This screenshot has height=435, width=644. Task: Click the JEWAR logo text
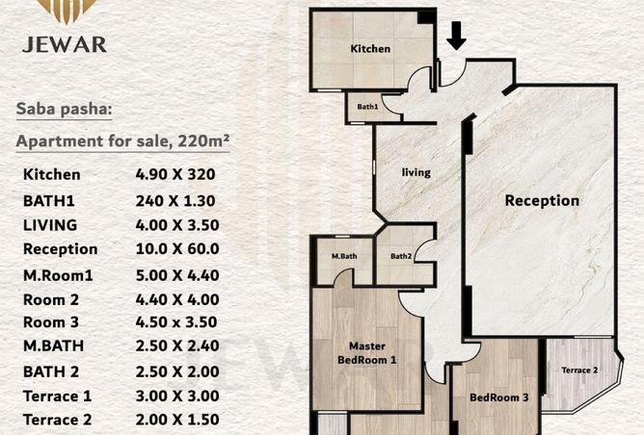click(65, 44)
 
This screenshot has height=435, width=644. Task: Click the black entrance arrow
click(456, 36)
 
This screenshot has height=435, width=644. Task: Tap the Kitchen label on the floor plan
click(370, 49)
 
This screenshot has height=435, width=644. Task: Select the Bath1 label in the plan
click(367, 107)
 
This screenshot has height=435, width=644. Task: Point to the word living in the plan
click(416, 172)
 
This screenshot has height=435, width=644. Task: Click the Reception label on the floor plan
click(542, 200)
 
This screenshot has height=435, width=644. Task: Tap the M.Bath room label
click(344, 256)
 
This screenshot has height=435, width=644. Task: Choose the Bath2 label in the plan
click(401, 256)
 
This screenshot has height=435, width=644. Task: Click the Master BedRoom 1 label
click(366, 353)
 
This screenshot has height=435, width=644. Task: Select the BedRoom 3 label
click(499, 397)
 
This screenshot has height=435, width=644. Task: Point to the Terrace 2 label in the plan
click(579, 371)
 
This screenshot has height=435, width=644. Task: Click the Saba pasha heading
click(64, 110)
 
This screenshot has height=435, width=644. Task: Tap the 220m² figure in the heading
click(203, 141)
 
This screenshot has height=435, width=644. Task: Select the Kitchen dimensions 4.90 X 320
click(175, 174)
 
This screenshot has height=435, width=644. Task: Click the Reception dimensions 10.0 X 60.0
click(177, 249)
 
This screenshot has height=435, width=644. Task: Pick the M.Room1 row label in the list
click(58, 275)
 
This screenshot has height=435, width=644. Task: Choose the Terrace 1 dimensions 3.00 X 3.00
click(177, 397)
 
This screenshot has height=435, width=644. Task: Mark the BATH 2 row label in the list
click(51, 371)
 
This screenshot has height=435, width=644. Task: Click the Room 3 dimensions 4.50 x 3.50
click(176, 322)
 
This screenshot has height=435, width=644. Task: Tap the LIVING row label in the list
click(50, 225)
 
